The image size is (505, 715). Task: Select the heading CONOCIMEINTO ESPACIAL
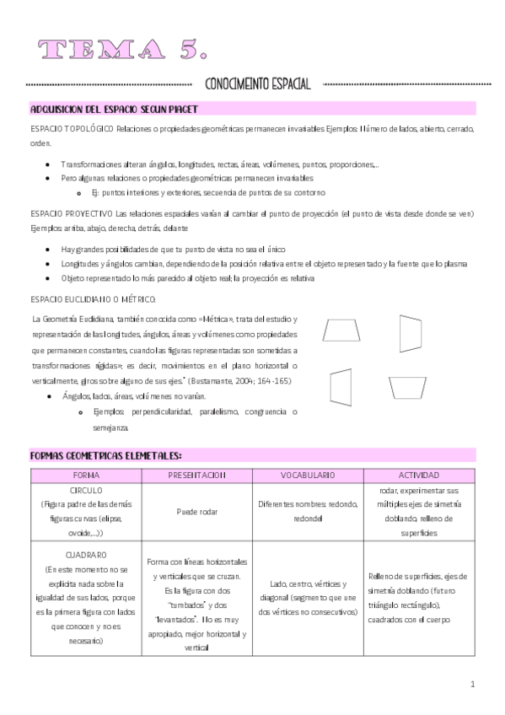258,84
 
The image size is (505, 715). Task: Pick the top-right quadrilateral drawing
410,333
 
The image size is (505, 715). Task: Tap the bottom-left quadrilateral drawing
341,387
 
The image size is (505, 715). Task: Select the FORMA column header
86,475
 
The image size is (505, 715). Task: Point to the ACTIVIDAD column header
418,475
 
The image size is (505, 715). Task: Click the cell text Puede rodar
197,512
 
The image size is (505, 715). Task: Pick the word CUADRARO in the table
86,556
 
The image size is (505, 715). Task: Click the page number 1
473,684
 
